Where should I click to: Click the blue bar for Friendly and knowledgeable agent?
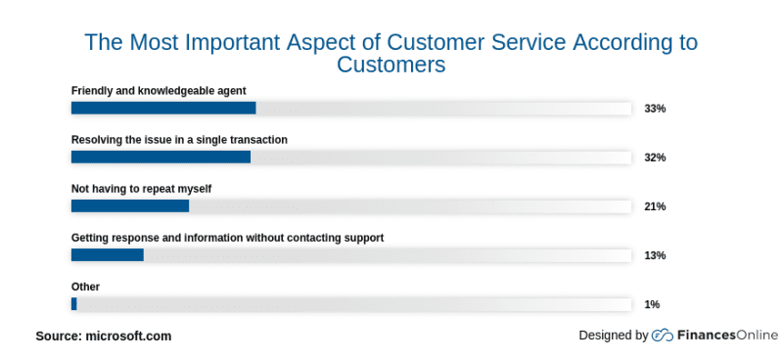tap(163, 108)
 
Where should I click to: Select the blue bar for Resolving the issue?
tap(161, 157)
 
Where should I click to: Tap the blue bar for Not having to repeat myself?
tap(130, 205)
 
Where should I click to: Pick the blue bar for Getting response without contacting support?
tap(108, 254)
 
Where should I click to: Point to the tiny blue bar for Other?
tap(73, 303)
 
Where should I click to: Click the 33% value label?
tap(655, 109)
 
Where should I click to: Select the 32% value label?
tap(655, 157)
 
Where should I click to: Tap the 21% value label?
tap(655, 206)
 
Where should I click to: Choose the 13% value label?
tap(655, 255)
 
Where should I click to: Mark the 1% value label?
tap(652, 304)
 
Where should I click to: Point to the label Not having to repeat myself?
tap(141, 189)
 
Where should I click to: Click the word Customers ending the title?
tap(391, 66)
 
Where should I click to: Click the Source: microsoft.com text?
tap(104, 336)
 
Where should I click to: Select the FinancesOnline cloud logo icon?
tap(663, 336)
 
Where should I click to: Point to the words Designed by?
tap(614, 336)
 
